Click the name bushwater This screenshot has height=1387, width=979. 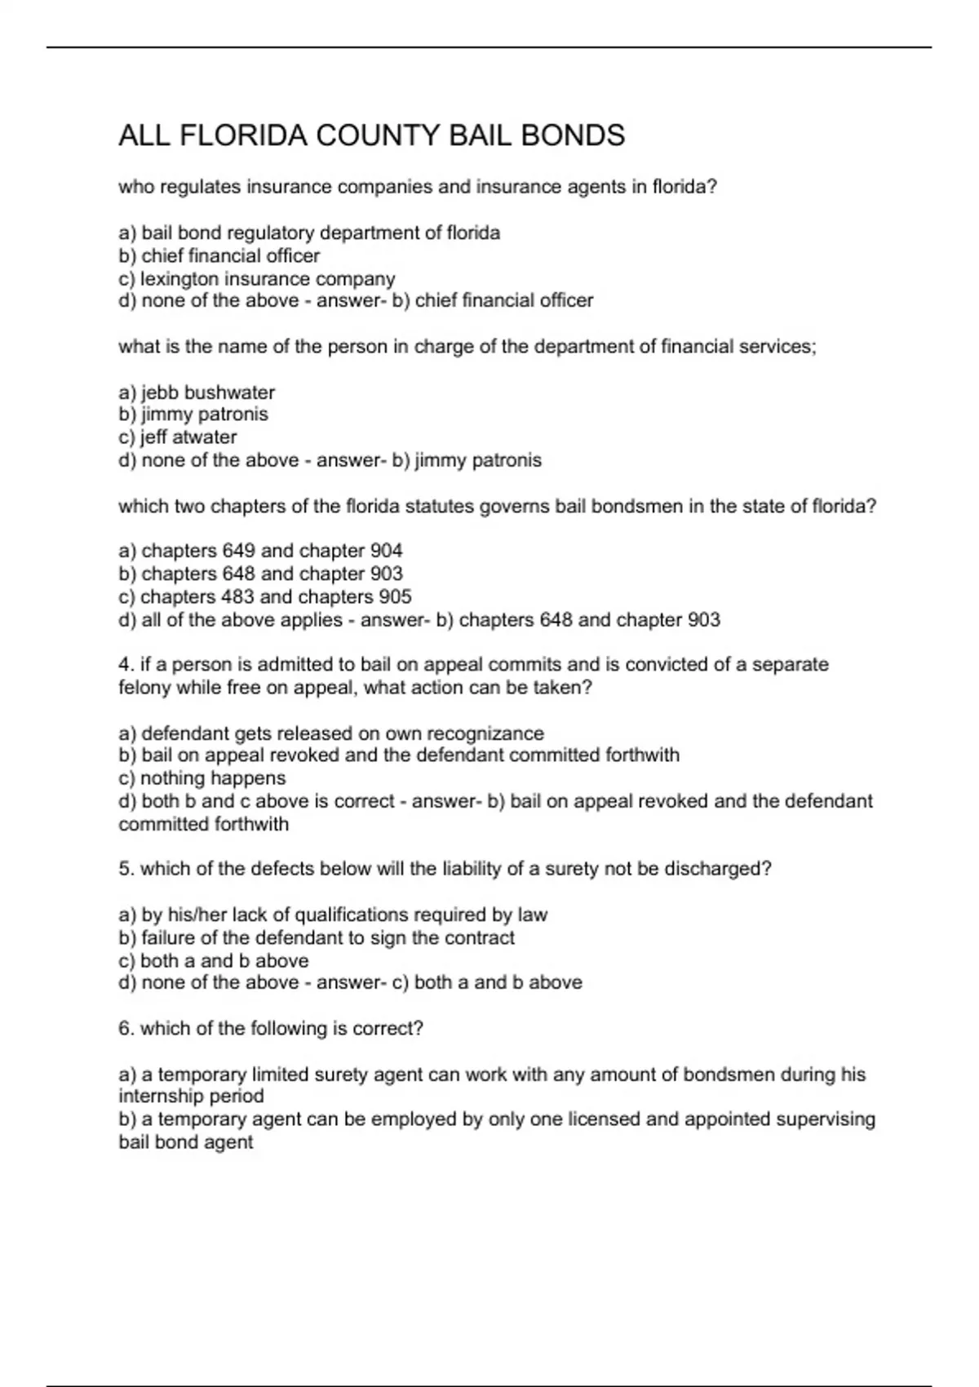click(x=229, y=392)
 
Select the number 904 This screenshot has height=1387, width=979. click(x=386, y=551)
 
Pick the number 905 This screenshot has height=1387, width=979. click(x=395, y=596)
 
